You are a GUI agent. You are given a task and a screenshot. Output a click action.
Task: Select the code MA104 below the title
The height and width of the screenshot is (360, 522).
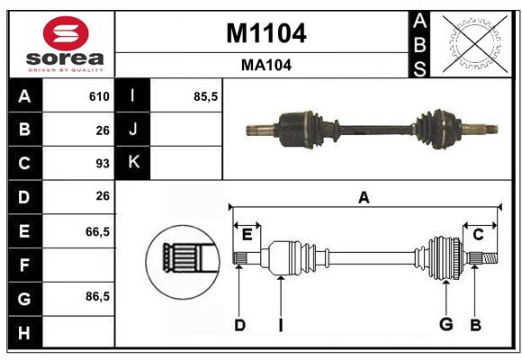(265, 65)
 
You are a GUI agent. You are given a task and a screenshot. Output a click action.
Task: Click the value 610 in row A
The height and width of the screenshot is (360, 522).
(99, 96)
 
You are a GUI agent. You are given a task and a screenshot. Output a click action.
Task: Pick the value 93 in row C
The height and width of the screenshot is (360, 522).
(102, 164)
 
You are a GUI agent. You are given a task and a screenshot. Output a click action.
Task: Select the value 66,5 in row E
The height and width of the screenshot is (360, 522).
(97, 231)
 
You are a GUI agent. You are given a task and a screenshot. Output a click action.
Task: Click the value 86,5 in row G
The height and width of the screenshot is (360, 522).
(97, 296)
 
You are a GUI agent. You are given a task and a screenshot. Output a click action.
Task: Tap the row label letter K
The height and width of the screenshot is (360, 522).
(133, 163)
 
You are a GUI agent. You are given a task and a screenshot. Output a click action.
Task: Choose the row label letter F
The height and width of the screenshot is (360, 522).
(24, 265)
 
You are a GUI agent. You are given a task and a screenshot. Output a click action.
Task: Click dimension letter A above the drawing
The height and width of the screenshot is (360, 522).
(364, 197)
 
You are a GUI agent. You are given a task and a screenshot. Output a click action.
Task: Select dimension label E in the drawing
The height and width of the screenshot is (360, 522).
(247, 235)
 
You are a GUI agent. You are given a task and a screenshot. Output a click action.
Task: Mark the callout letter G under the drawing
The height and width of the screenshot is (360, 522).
(445, 325)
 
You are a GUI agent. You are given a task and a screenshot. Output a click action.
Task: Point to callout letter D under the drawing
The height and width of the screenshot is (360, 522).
(239, 325)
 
